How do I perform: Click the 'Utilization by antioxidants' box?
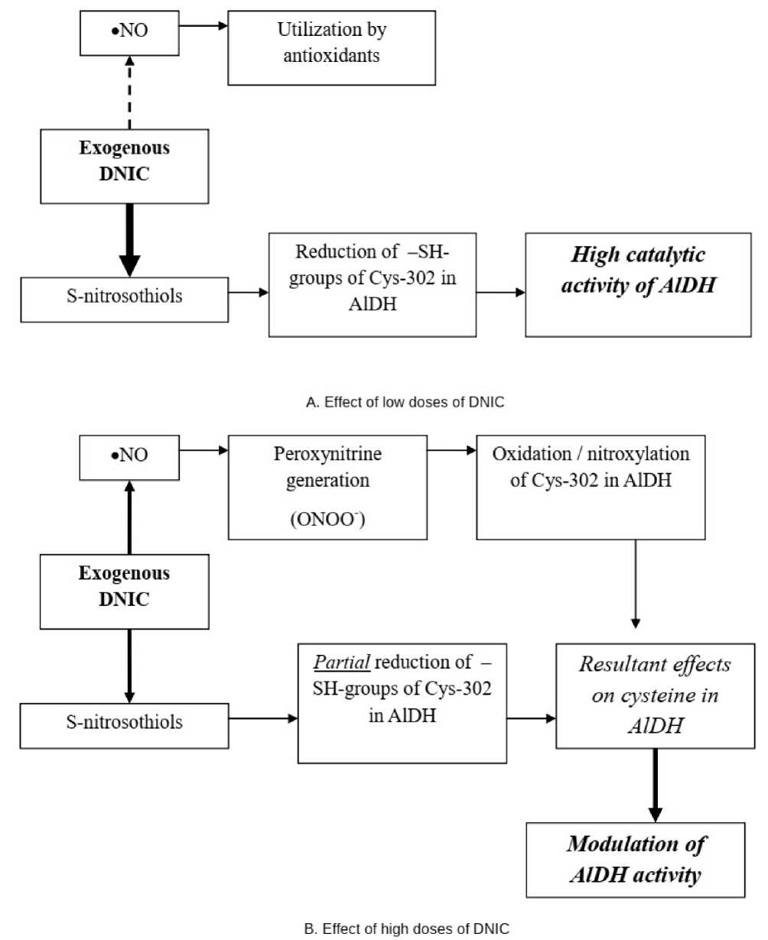point(331,48)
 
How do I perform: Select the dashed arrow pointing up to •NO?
point(129,92)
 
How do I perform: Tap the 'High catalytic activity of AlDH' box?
point(638,285)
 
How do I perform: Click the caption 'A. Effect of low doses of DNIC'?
point(405,402)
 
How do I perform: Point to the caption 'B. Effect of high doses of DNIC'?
point(406,929)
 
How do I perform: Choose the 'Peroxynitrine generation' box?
point(327,487)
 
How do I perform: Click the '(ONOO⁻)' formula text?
point(327,519)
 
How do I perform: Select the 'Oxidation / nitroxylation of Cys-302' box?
point(591,487)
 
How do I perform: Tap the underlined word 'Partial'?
point(341,662)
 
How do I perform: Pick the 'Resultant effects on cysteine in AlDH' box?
point(655,695)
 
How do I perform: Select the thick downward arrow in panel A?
point(129,240)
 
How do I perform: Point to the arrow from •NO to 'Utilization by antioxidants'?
point(203,26)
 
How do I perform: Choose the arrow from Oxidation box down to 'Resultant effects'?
point(636,584)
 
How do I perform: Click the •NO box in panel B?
point(129,458)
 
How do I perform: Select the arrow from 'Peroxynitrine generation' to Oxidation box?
point(451,450)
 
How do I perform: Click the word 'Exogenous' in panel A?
point(125,148)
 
